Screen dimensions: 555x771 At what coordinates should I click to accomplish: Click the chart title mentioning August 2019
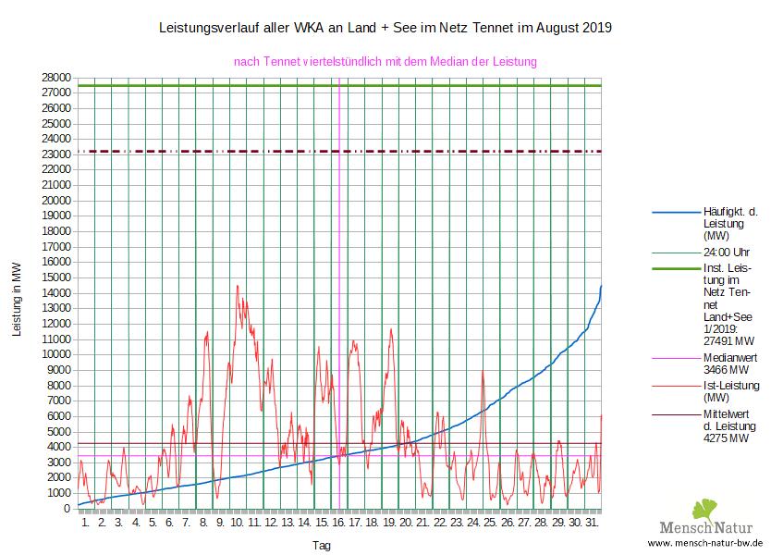click(x=385, y=29)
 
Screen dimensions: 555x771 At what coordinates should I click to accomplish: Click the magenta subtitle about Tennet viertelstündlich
click(x=385, y=62)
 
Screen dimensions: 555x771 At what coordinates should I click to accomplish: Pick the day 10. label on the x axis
click(x=238, y=524)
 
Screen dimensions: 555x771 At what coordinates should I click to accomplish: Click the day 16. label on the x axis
click(x=338, y=524)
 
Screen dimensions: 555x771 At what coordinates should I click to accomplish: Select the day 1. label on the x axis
click(x=86, y=524)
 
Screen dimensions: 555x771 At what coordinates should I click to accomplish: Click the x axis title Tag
click(x=322, y=545)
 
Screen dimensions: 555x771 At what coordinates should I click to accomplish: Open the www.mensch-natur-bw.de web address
click(x=705, y=544)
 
